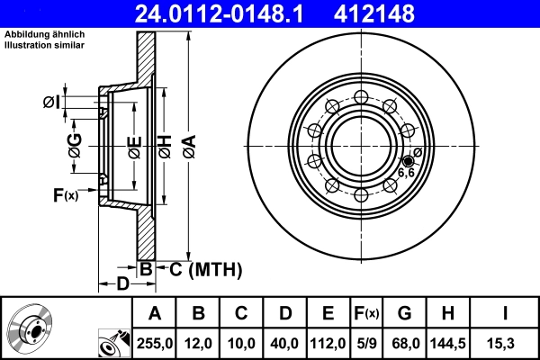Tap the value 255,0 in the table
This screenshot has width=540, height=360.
[x=154, y=343]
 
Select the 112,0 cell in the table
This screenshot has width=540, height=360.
[x=327, y=343]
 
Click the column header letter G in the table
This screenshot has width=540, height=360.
[x=405, y=313]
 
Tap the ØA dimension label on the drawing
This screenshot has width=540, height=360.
[x=187, y=144]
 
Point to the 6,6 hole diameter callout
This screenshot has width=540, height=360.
[x=406, y=171]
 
